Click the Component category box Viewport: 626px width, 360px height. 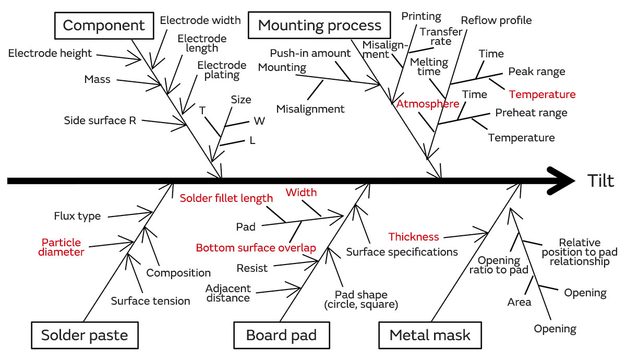104,25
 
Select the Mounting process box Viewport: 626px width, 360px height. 319,25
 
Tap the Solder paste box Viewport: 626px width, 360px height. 85,335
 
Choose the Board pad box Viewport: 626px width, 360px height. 281,335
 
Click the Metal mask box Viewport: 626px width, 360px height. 430,335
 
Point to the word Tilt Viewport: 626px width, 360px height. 600,181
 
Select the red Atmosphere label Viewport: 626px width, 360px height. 427,104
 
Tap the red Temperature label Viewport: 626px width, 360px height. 542,94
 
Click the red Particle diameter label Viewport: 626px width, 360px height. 62,247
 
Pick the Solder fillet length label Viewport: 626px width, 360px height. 226,198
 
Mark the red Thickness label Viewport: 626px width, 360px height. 414,237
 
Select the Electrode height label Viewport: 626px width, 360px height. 50,53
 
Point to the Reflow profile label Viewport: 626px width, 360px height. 496,20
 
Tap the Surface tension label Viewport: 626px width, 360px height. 150,301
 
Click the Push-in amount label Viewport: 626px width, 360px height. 310,53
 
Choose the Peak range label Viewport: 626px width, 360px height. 536,71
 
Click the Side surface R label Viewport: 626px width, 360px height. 100,121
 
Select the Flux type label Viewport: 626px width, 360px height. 77,216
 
